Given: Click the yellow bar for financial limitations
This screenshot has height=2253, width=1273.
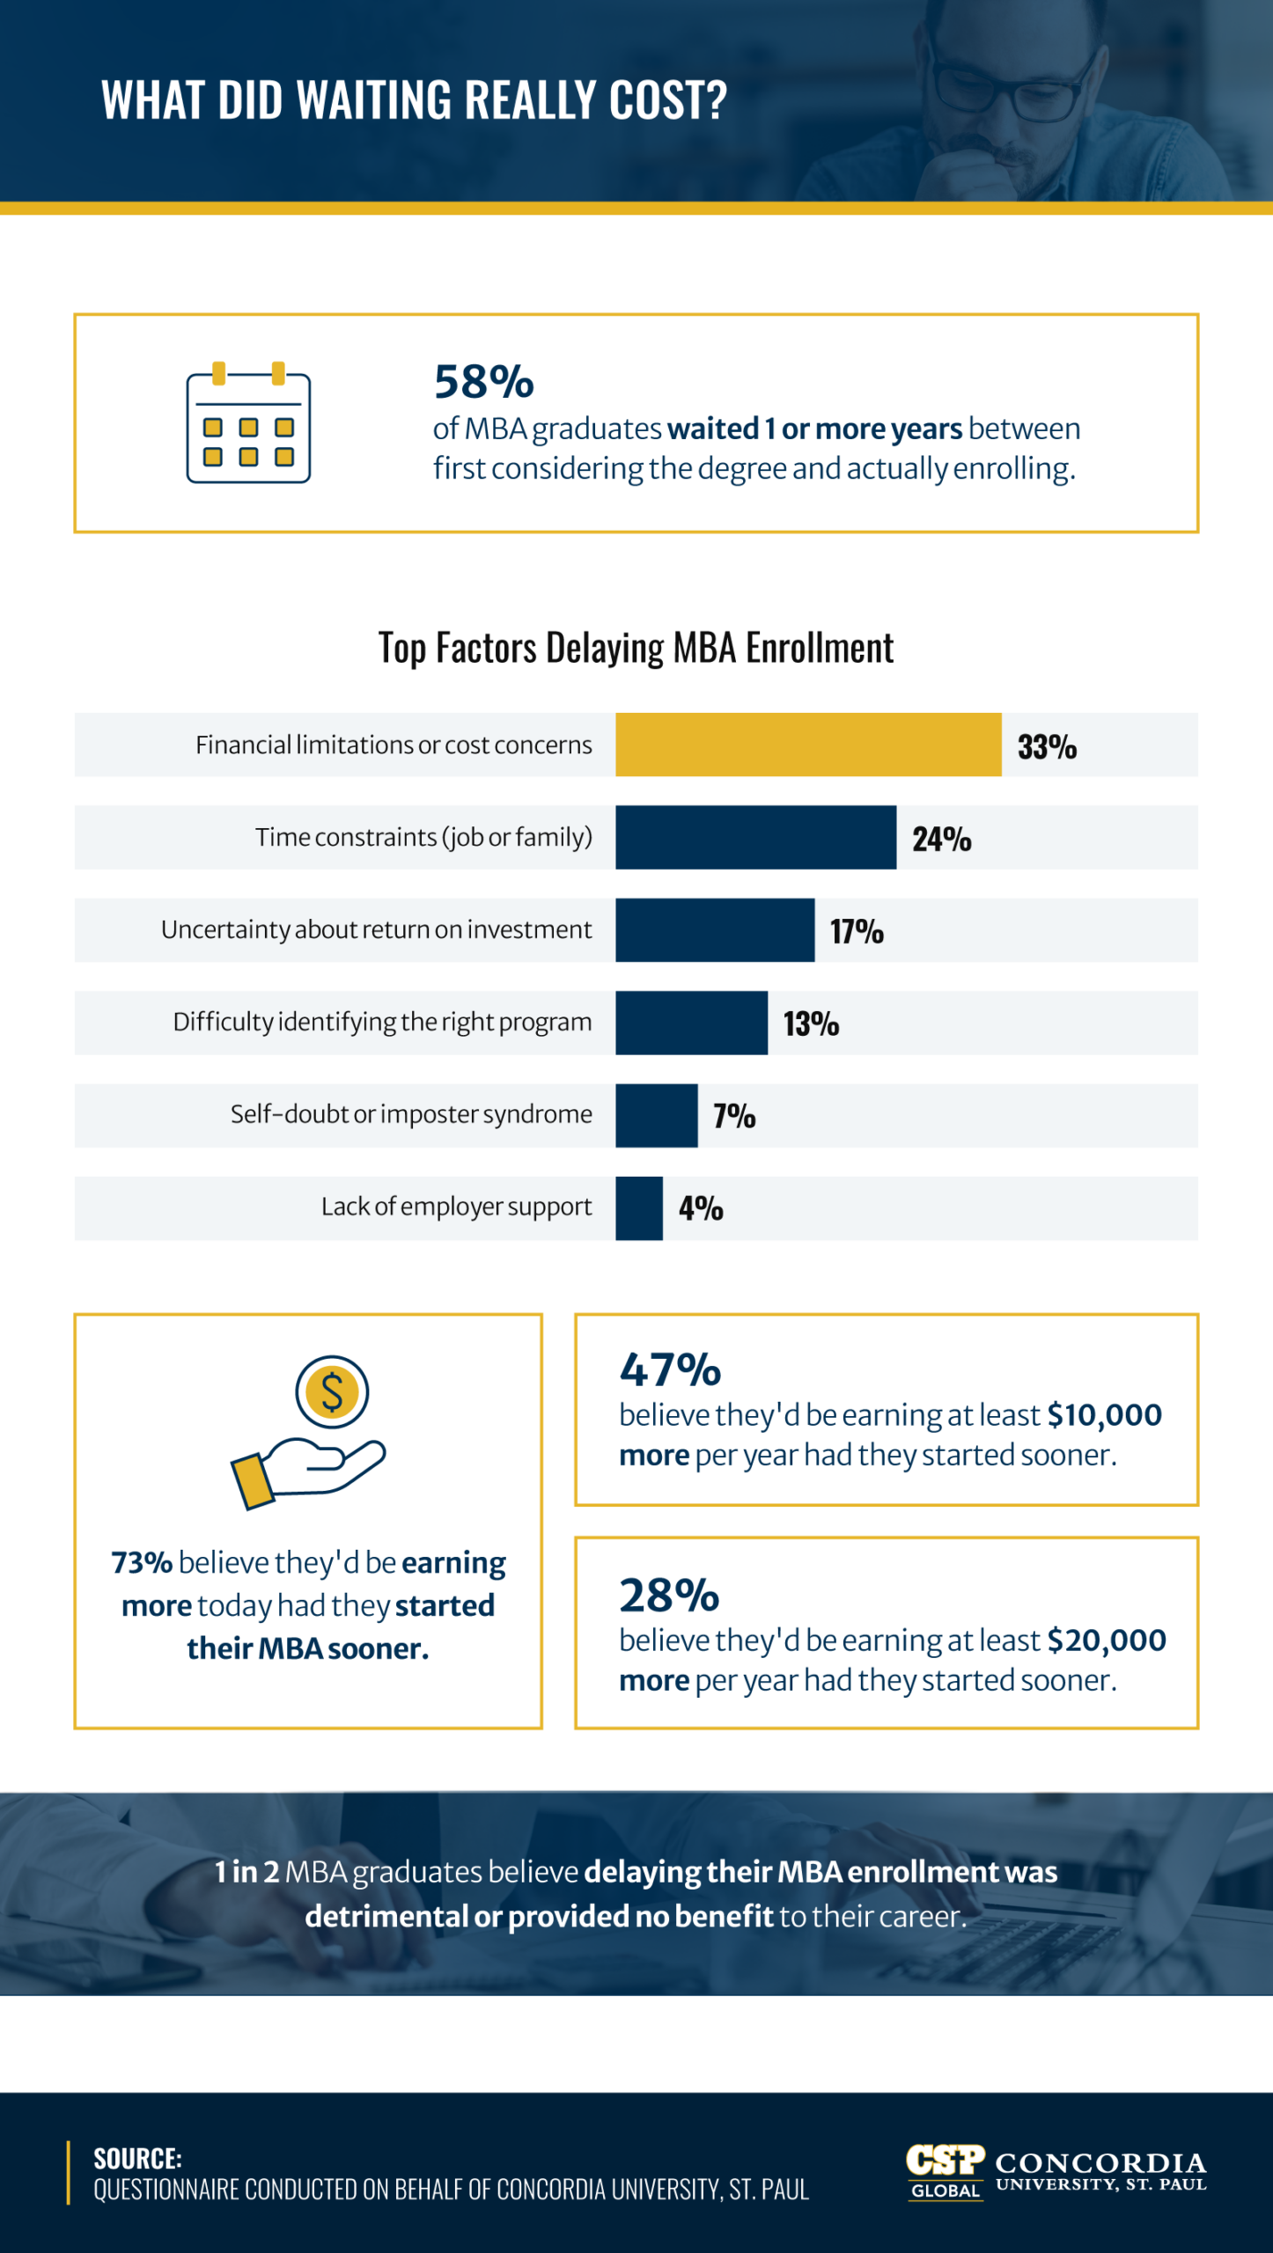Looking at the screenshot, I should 808,745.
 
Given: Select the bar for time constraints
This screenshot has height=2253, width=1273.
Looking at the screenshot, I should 755,837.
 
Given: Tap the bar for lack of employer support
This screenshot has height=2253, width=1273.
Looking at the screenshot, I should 639,1208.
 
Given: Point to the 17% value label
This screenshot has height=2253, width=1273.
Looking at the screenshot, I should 857,931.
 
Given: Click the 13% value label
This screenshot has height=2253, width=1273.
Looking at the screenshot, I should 811,1024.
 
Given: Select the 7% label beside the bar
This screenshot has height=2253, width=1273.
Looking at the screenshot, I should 734,1116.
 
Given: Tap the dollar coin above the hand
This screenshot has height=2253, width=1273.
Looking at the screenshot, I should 332,1392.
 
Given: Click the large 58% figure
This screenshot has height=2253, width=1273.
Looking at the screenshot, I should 483,383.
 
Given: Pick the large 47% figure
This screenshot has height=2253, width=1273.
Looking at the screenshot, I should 670,1370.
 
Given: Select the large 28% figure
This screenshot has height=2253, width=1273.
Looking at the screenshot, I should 669,1596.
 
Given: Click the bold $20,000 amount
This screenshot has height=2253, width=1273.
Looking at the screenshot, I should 1106,1640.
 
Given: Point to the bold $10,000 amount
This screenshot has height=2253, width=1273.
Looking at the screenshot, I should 1104,1415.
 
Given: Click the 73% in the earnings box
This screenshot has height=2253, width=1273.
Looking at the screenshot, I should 142,1563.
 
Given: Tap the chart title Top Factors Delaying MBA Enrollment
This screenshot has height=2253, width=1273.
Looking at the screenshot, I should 636,649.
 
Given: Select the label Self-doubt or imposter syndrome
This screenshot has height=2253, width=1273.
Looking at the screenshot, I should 411,1115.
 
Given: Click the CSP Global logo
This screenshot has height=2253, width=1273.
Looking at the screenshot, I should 945,2172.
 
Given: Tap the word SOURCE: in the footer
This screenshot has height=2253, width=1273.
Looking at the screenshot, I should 137,2158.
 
